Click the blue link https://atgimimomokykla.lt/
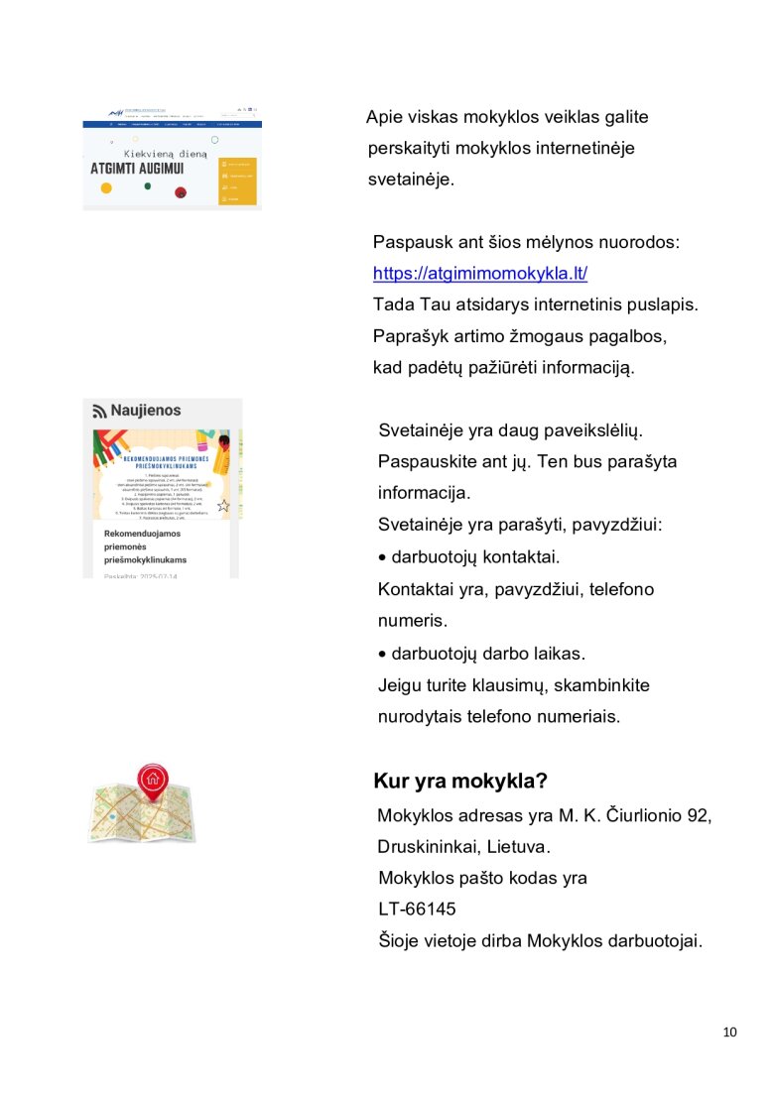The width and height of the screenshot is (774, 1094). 480,275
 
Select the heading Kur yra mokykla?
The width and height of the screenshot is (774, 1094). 460,781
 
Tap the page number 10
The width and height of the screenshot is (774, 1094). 730,1033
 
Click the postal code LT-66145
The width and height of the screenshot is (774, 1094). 417,909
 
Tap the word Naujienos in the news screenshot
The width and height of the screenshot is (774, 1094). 146,411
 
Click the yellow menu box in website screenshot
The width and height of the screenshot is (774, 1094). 237,181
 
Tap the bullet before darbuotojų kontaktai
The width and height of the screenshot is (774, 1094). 383,558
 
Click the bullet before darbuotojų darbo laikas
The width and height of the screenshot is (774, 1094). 383,655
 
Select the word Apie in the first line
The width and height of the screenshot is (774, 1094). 383,117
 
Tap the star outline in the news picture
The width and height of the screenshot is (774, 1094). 223,506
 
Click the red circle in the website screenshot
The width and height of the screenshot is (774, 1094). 181,192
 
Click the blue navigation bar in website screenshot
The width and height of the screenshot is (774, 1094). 172,124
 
